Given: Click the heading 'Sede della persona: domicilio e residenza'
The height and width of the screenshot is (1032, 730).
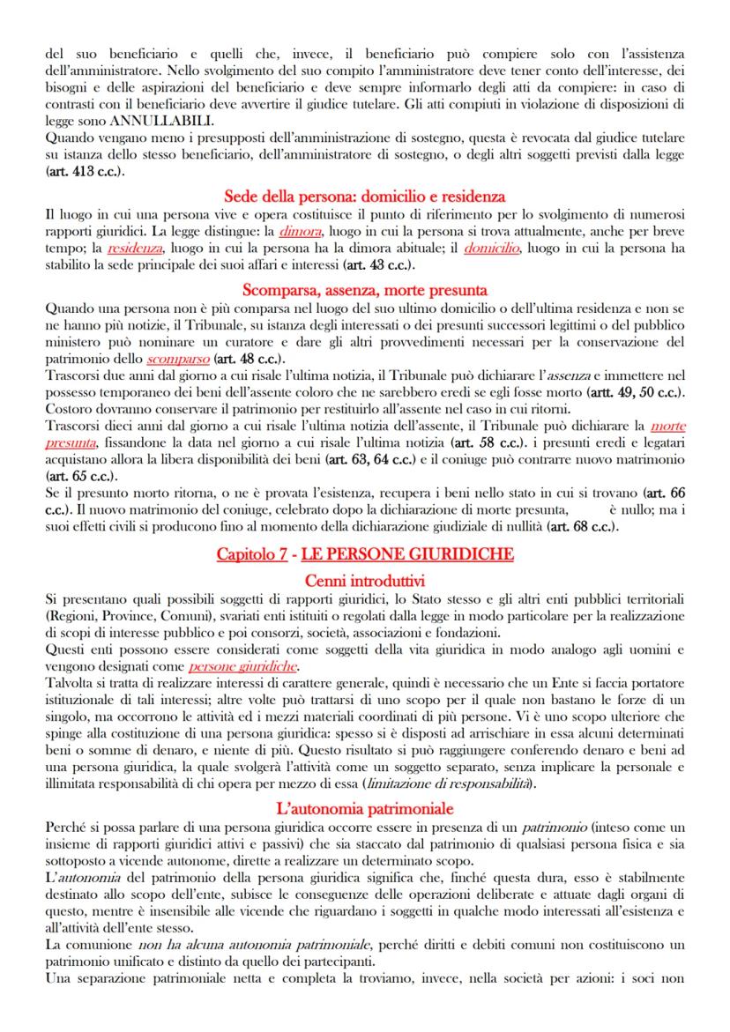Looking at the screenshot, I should (x=364, y=196).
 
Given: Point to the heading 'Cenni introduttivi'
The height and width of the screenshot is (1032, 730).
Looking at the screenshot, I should (x=364, y=581).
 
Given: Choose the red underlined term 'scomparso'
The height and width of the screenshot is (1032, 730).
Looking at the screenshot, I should (x=177, y=360).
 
